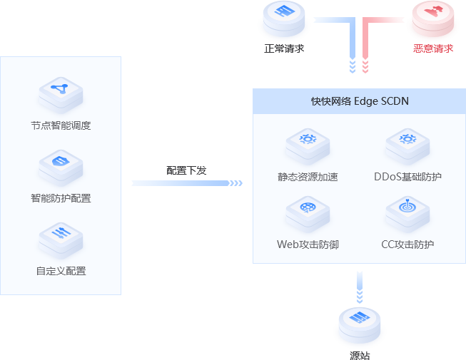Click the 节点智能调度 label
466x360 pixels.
coord(61,125)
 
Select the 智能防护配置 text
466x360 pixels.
coord(61,198)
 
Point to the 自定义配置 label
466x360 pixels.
coord(61,271)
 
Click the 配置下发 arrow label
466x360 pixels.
coord(186,170)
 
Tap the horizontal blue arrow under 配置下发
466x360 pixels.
coord(187,183)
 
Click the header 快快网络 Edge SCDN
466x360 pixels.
coord(359,101)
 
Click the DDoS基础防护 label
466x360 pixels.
coord(407,176)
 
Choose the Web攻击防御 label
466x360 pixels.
coord(308,245)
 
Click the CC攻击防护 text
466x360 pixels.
coord(407,245)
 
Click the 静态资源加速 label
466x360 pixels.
coord(308,176)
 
